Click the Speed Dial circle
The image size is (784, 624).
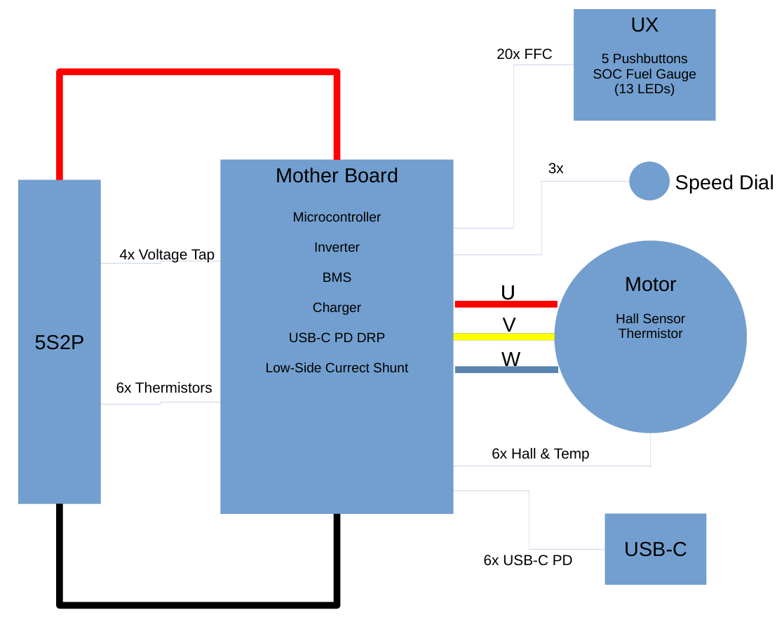click(x=649, y=181)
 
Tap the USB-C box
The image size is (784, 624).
click(x=655, y=549)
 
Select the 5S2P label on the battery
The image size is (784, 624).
click(x=60, y=342)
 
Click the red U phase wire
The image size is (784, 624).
click(x=506, y=304)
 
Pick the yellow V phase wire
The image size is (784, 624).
click(x=504, y=337)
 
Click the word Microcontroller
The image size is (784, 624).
click(x=337, y=217)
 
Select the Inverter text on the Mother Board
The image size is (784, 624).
click(x=337, y=247)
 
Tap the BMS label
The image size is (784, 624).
click(x=337, y=278)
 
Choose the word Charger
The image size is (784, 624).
click(x=337, y=308)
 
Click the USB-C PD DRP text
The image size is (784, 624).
click(x=337, y=338)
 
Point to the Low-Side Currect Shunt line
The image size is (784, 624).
click(x=337, y=368)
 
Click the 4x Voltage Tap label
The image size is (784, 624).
click(x=167, y=255)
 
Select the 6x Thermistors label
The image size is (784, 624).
click(x=164, y=388)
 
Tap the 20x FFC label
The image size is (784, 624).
click(x=524, y=54)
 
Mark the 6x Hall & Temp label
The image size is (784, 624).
click(x=540, y=454)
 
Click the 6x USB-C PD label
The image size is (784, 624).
click(x=527, y=560)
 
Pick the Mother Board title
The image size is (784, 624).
click(x=337, y=175)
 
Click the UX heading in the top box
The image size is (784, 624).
click(x=644, y=25)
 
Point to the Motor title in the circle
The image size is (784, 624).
click(x=650, y=285)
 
